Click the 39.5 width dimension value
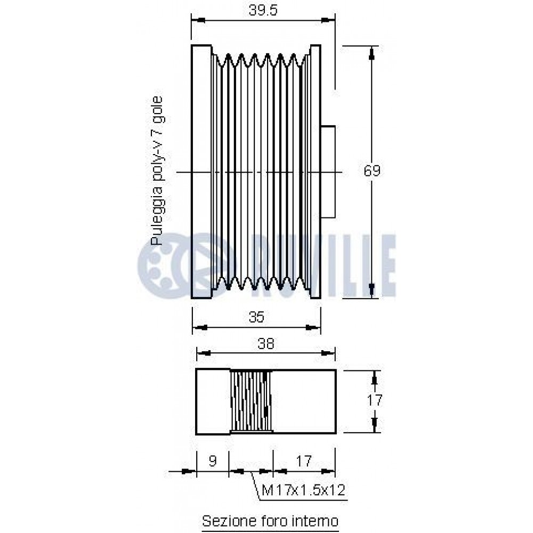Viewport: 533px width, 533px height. pos(263,10)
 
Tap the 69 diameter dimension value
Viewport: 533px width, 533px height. pos(372,171)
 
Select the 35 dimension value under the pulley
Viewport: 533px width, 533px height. pos(257,317)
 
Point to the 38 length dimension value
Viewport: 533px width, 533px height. pos(266,344)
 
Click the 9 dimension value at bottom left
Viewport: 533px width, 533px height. pos(213,461)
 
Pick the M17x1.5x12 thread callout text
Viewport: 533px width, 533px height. pos(304,490)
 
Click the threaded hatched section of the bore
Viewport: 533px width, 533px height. pos(251,401)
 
